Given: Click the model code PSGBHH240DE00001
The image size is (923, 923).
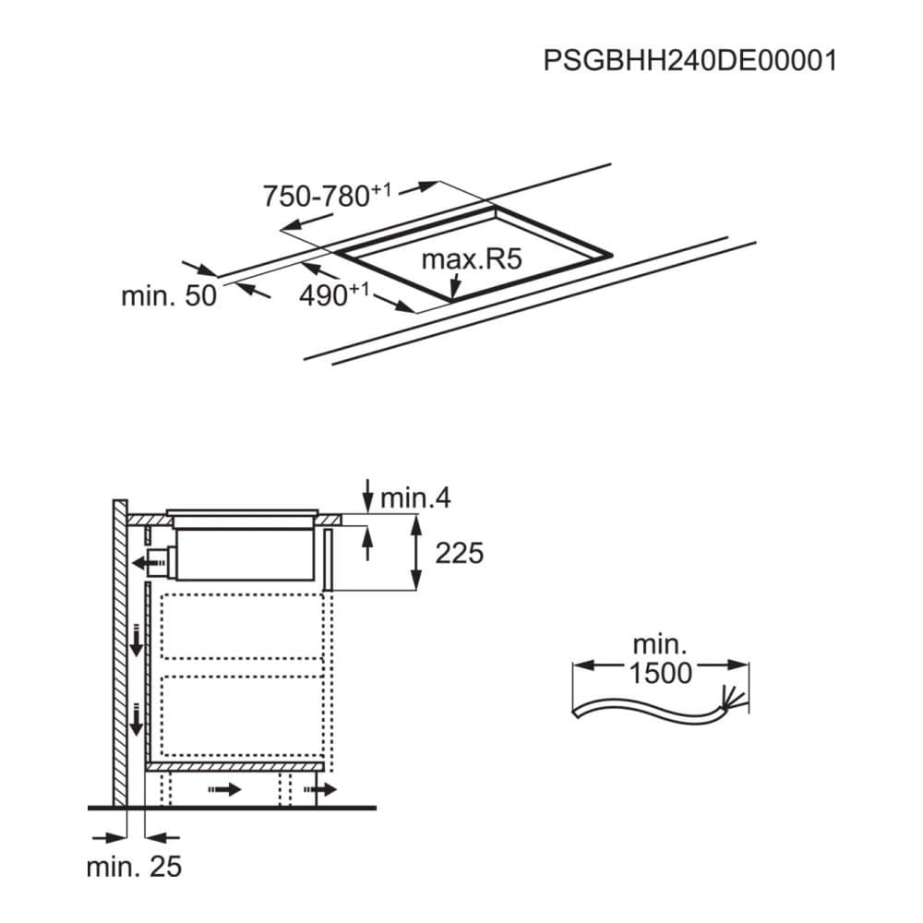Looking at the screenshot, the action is point(689,61).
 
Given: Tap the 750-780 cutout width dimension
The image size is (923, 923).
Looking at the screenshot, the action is point(327,196).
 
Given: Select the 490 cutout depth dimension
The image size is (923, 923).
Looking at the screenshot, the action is point(334,294).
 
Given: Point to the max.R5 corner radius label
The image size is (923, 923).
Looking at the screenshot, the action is point(472,259).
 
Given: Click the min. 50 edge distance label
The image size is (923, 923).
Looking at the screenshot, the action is point(169,295).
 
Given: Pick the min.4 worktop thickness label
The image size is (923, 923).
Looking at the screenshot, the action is point(415,498).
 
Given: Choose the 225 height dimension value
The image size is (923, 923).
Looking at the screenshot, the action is point(459,553).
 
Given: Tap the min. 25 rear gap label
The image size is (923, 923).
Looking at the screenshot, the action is point(134,867).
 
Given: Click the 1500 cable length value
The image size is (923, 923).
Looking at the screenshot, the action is point(661,673).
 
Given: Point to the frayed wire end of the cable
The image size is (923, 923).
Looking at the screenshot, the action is point(733,699).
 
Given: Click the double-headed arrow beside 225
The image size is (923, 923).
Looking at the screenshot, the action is point(416,552).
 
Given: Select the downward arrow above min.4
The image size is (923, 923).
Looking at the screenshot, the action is point(368,496).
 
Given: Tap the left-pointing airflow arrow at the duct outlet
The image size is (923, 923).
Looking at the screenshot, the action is point(150,564).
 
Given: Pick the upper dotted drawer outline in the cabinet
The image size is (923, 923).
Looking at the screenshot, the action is point(242,627).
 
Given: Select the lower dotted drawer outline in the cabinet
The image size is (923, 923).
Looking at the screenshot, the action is point(242,716).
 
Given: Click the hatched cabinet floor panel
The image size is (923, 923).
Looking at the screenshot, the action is point(234,766).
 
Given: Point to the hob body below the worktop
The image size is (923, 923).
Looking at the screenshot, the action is point(246,554).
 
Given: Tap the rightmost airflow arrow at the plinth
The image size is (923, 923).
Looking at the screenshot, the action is point(320,789).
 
